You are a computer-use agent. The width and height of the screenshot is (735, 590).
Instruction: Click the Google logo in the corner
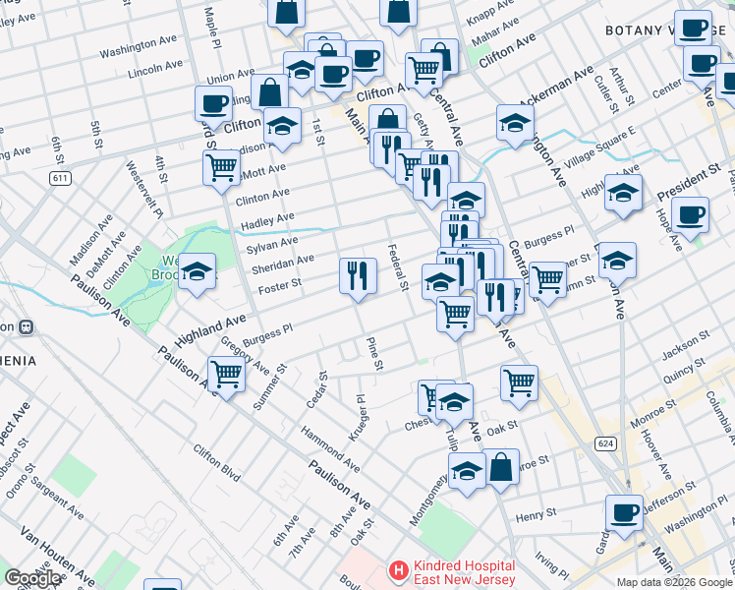pos(32,578)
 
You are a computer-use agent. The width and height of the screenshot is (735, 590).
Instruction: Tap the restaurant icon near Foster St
pos(358,274)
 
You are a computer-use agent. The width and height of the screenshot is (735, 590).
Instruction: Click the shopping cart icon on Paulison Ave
pos(226,375)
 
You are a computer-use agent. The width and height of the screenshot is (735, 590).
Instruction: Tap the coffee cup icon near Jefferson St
pos(623,512)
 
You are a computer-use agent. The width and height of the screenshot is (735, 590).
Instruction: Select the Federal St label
pos(398,267)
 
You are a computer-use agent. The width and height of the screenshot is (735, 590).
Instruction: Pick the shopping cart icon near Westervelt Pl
pos(221,166)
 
